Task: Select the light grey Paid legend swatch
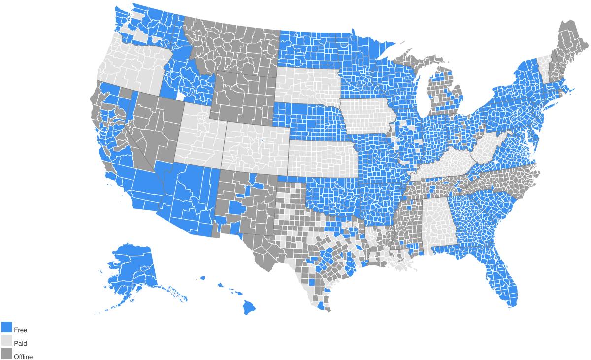6,341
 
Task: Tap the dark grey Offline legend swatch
6,354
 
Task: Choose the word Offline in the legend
23,357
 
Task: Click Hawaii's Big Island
249,307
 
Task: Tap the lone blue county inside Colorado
262,141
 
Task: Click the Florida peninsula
502,276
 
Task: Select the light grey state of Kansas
323,158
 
